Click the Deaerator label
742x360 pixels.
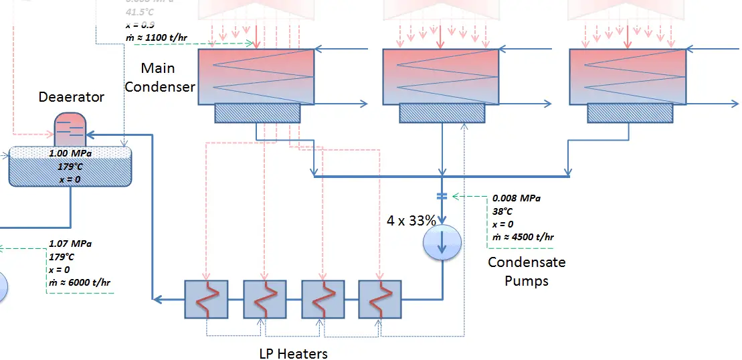(x=71, y=97)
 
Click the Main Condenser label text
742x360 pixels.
(x=160, y=77)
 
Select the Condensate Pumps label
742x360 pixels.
(x=527, y=271)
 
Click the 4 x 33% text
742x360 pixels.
(x=411, y=219)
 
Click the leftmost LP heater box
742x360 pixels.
(x=206, y=298)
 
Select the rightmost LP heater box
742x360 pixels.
(x=380, y=298)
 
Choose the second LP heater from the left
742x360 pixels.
(x=264, y=298)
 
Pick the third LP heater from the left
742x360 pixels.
(x=322, y=298)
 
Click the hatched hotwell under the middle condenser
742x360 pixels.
(x=442, y=113)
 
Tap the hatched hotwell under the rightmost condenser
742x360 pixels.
(x=626, y=113)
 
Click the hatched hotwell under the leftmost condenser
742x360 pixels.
(x=256, y=113)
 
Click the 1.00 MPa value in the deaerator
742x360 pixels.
(x=70, y=153)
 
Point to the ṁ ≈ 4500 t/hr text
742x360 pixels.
(x=523, y=237)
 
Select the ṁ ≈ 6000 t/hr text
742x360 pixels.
(x=80, y=282)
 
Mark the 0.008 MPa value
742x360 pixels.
(x=516, y=199)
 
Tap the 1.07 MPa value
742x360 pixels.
(x=70, y=244)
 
